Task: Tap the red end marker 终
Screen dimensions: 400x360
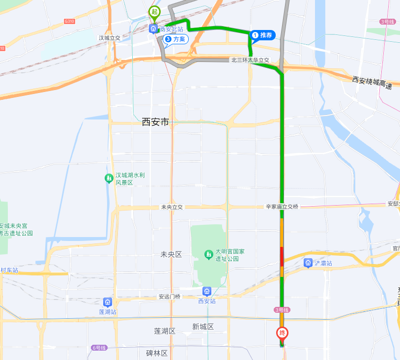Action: [282, 333]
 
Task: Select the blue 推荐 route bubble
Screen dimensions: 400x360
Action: [262, 35]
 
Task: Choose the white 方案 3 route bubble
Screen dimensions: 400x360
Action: [176, 39]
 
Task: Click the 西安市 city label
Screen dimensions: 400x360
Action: [155, 122]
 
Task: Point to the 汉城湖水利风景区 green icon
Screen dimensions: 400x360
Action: [109, 178]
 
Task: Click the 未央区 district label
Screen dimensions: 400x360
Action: [171, 254]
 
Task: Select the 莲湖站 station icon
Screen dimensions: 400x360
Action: [108, 301]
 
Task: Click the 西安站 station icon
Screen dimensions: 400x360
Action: [207, 291]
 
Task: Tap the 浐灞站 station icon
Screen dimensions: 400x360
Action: [308, 263]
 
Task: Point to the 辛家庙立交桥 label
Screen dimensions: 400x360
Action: [282, 207]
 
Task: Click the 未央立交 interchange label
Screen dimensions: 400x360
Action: [171, 207]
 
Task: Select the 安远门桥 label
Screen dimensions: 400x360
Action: [170, 297]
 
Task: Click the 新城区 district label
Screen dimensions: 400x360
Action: [203, 327]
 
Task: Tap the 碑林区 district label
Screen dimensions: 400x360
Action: [157, 353]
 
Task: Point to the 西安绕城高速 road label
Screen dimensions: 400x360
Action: [372, 82]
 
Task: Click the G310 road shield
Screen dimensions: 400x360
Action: [69, 21]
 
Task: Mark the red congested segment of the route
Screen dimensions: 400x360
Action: [282, 256]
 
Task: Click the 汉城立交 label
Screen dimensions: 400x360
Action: [109, 38]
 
